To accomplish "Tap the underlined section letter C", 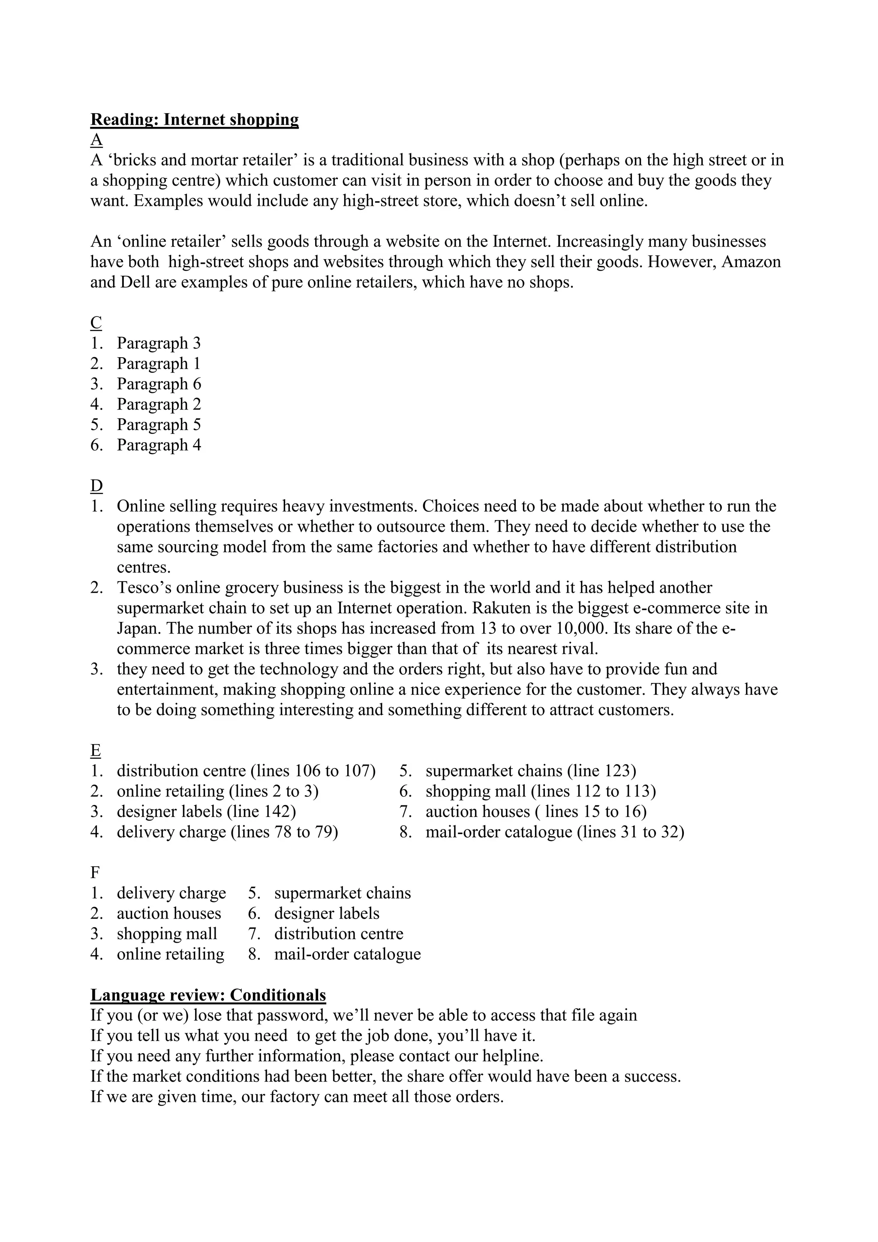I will coord(96,323).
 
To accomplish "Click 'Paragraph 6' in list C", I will coord(158,384).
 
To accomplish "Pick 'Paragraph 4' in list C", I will coord(158,445).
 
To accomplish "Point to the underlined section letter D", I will coord(96,486).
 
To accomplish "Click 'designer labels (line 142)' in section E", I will coord(206,811).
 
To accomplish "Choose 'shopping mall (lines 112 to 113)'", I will coord(540,791).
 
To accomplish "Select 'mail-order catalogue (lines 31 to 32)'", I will coord(555,832).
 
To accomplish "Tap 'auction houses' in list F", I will coord(168,913).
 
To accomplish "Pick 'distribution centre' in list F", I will coord(338,934).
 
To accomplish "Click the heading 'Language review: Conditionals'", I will coord(208,995).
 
